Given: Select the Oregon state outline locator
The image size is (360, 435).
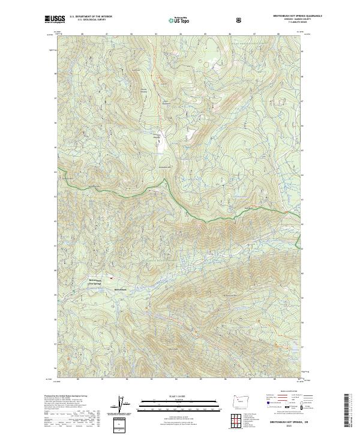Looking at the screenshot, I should coord(245,403).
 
